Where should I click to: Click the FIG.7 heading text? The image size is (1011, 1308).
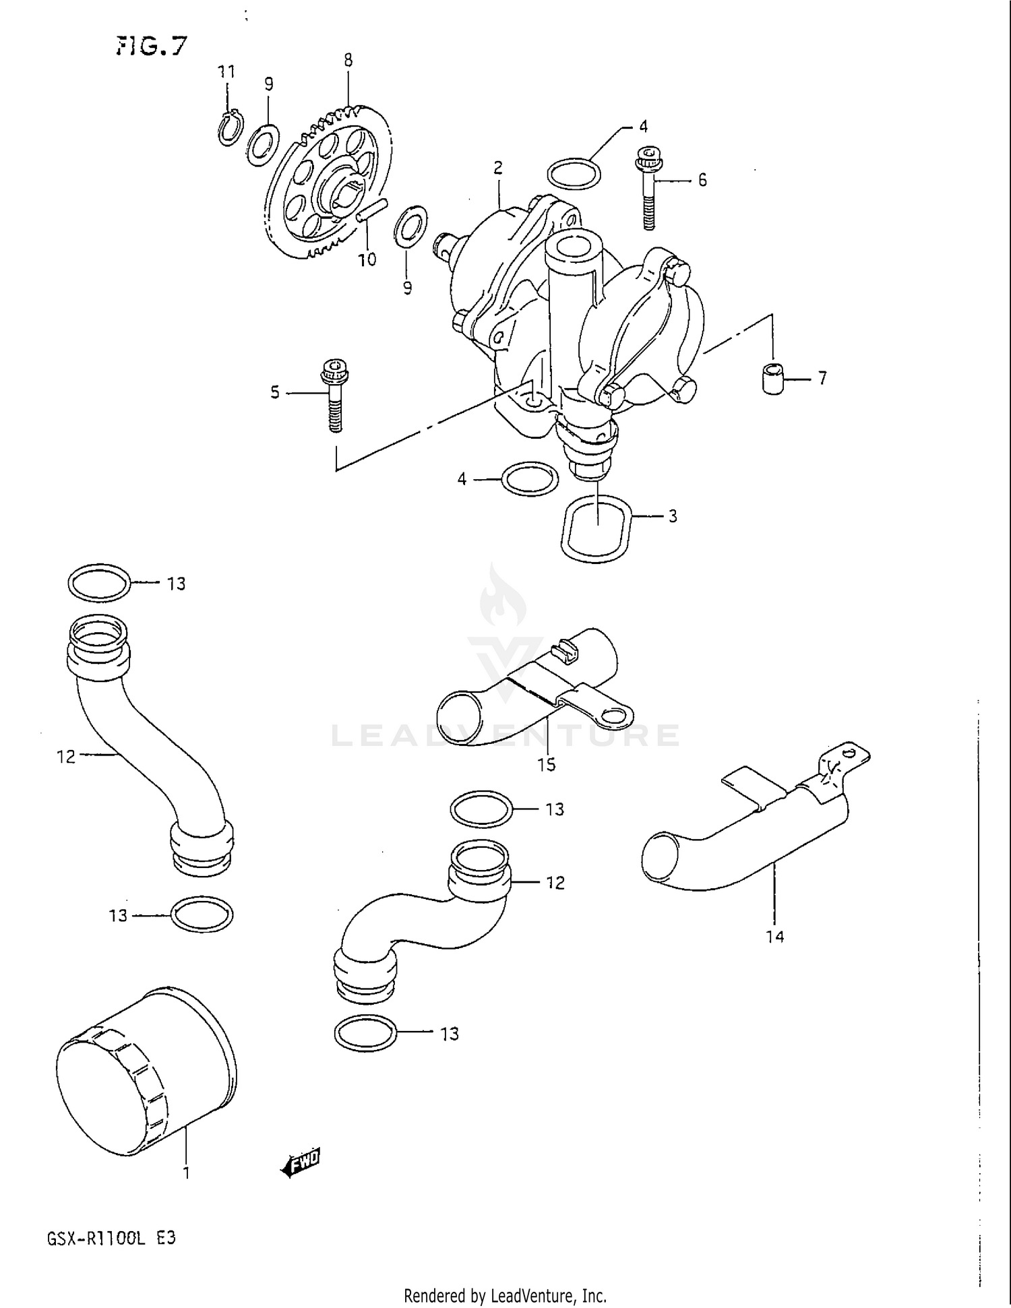click(151, 46)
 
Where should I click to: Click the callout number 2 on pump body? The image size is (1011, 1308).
click(498, 168)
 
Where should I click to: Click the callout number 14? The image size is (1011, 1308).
click(775, 936)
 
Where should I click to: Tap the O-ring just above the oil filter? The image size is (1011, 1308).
click(202, 914)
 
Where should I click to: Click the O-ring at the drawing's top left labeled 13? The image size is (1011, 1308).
click(99, 583)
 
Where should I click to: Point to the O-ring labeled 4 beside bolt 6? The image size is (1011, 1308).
click(574, 175)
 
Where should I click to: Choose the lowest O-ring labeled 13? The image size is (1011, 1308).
click(365, 1033)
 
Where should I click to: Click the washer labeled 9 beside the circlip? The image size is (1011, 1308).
click(262, 145)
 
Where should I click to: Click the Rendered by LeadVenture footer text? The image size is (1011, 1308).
click(505, 1295)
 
